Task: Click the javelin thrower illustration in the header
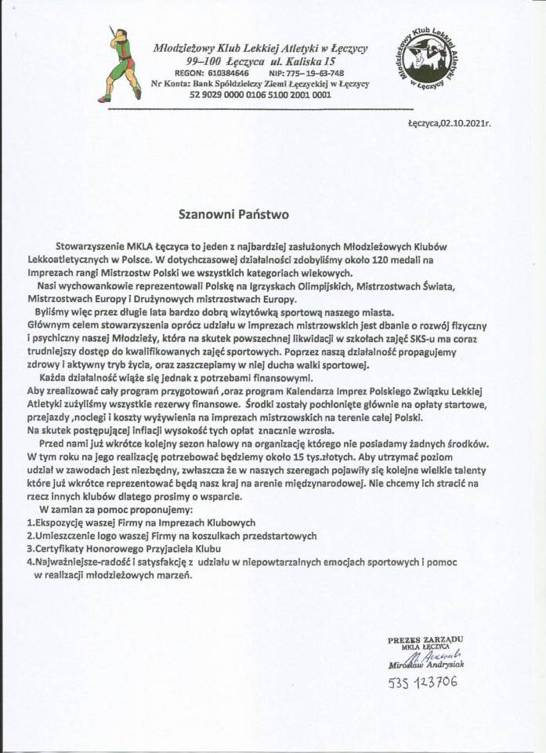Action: click(x=122, y=63)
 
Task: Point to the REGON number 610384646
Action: click(x=227, y=71)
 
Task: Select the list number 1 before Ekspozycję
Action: click(x=28, y=522)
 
